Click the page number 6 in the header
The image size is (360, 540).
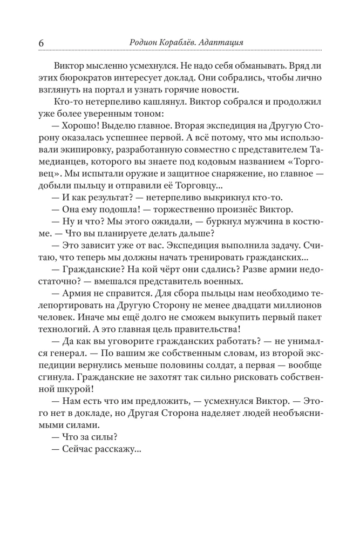[41, 43]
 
